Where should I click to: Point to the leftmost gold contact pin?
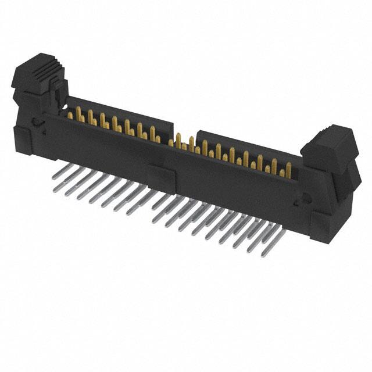[x=70, y=115]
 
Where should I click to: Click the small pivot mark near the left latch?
[x=36, y=122]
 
